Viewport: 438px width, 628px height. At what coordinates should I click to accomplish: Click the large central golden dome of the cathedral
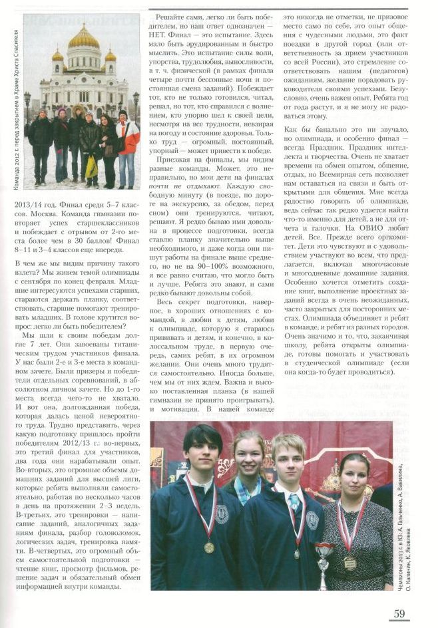[83, 37]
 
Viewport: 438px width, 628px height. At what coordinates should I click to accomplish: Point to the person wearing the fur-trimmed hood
[78, 133]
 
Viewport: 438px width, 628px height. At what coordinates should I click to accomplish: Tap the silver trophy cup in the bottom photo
[324, 556]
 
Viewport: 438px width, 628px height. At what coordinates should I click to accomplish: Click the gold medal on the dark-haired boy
[209, 547]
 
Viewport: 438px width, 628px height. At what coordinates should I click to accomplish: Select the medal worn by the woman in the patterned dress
[350, 562]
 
